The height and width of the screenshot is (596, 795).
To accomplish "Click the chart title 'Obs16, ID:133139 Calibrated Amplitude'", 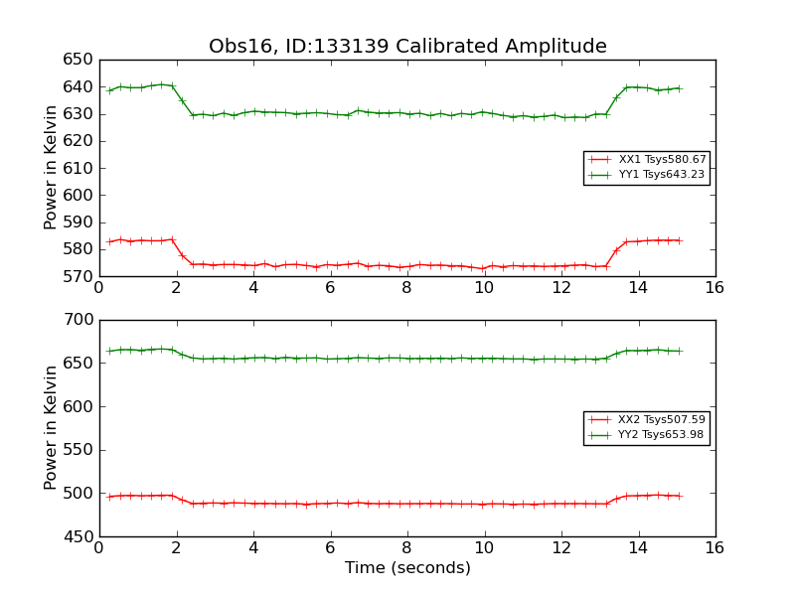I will pyautogui.click(x=407, y=47).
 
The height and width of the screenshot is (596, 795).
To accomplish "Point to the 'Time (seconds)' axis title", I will pyautogui.click(x=407, y=568).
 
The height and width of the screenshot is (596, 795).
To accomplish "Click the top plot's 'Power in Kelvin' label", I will pyautogui.click(x=52, y=168).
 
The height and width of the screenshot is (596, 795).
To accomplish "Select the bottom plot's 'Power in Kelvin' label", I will pyautogui.click(x=52, y=428).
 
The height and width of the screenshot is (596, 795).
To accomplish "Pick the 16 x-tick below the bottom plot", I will pyautogui.click(x=715, y=548).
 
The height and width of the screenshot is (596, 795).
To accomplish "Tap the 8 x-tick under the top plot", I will pyautogui.click(x=406, y=288).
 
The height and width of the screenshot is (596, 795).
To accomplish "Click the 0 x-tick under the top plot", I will pyautogui.click(x=99, y=288).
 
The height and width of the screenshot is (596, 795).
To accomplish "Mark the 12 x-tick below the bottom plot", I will pyautogui.click(x=560, y=548).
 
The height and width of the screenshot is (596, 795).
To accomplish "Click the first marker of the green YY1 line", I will pyautogui.click(x=109, y=90).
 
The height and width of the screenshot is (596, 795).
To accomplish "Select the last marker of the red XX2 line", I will pyautogui.click(x=680, y=496).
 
